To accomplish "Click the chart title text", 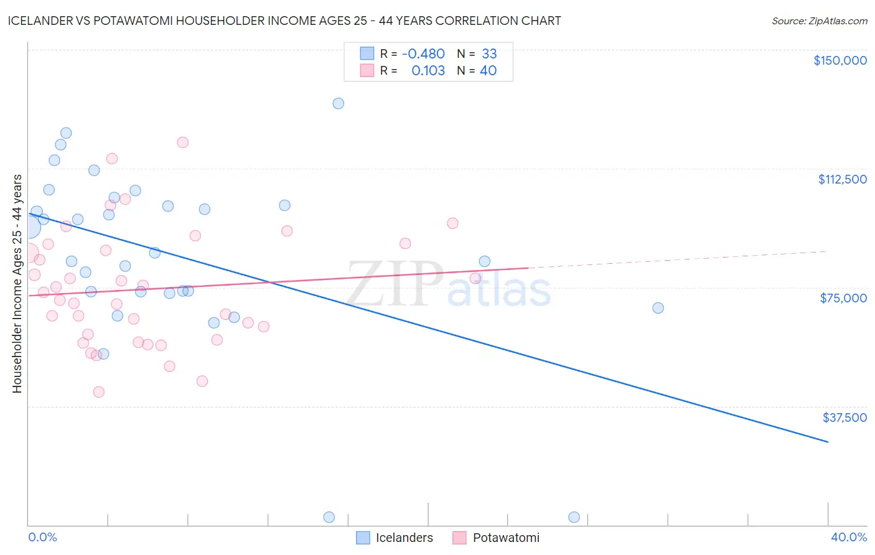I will pos(284,21).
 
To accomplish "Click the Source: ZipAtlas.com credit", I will pos(819,21).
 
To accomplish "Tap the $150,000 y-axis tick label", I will pos(840,60).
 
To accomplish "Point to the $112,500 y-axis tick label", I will pos(842,179).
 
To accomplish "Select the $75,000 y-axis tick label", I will pos(843,298).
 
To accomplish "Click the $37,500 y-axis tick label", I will pos(844,417).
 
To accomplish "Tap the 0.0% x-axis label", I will pos(42,537).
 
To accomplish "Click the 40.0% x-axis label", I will pos(848,537).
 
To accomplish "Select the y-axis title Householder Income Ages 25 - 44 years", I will pos(17,284).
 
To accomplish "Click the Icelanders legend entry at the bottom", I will pos(395,538).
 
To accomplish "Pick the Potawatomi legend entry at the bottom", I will pos(496,538).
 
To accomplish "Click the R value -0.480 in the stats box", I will pos(423,54).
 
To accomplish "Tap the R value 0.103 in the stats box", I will pos(428,71).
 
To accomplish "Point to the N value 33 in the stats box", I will pos(489,54).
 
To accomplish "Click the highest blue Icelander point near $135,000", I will pos(338,103).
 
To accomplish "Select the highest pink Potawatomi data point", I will pos(182,142).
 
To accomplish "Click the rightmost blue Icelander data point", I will pos(658,308).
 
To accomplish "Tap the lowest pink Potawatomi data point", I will pos(98,392).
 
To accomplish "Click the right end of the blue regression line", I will pos(828,442).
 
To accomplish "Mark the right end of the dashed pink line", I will pos(826,251).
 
